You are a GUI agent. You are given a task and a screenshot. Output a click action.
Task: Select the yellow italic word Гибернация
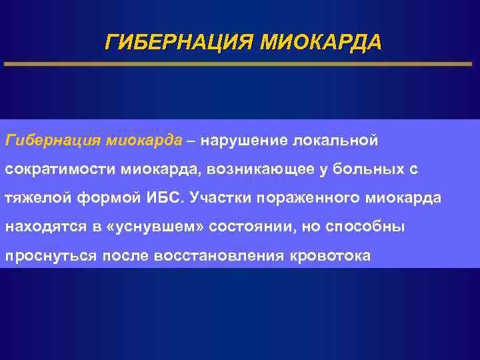(52, 141)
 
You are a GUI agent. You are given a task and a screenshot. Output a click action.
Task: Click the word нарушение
(247, 141)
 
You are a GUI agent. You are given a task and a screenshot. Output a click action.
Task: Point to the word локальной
(341, 141)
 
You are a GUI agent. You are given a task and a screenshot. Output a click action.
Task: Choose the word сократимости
(61, 169)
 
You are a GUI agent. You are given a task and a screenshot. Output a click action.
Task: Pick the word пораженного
(313, 198)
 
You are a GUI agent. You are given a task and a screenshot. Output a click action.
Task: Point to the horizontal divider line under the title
(240, 64)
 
